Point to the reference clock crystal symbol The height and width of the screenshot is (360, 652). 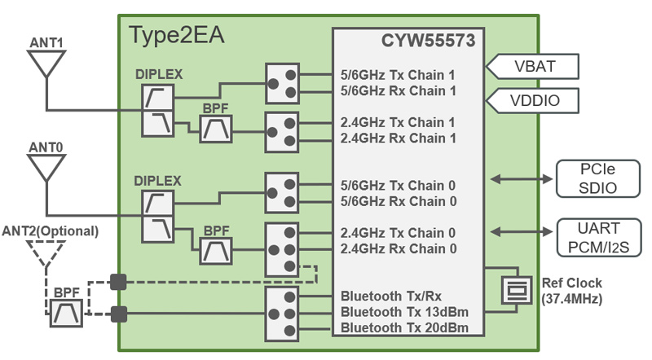[517, 290]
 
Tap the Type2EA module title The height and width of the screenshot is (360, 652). [177, 36]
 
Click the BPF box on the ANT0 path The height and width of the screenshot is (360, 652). [217, 250]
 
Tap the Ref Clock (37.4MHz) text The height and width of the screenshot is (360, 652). [573, 291]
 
